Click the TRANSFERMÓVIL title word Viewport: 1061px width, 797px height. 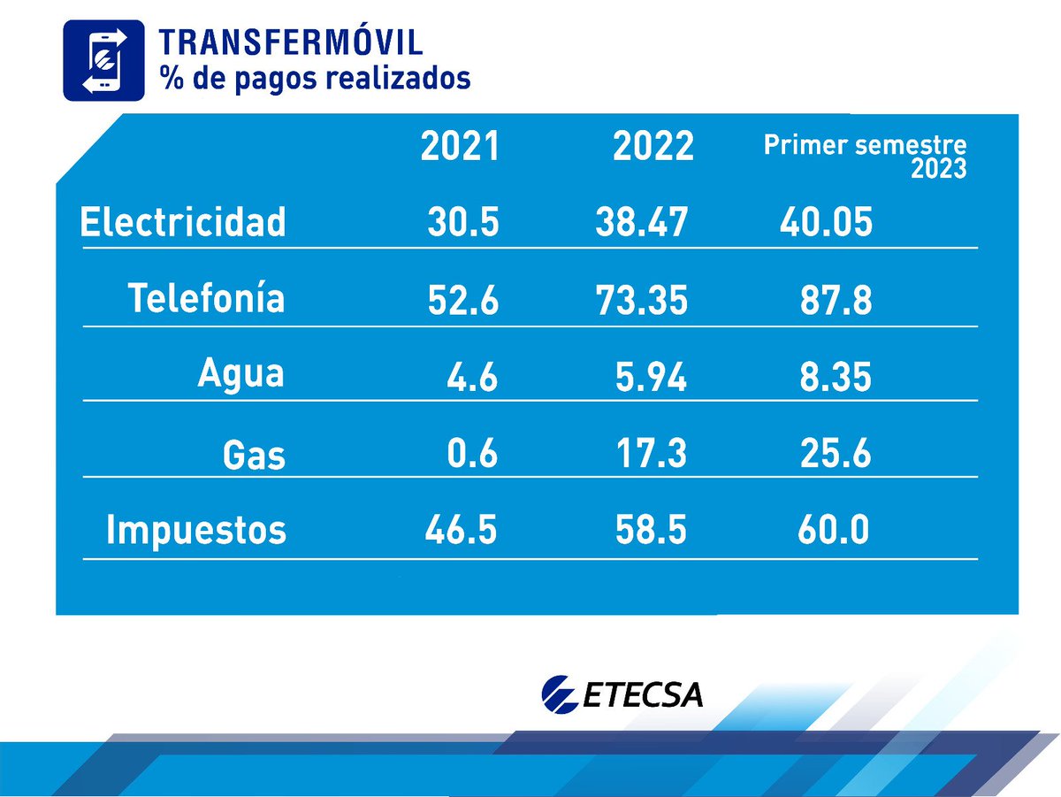290,42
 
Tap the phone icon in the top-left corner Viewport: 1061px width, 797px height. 103,60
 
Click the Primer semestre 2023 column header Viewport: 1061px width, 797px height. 865,157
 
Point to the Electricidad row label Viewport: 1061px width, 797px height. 183,222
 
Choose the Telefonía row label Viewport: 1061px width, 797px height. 207,298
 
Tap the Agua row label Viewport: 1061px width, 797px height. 240,374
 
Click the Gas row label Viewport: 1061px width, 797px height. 254,455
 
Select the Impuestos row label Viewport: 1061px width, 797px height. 196,531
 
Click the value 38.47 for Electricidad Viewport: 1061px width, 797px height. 642,223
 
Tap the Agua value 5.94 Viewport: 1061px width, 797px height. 651,378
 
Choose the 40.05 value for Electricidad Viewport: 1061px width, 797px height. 826,223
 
